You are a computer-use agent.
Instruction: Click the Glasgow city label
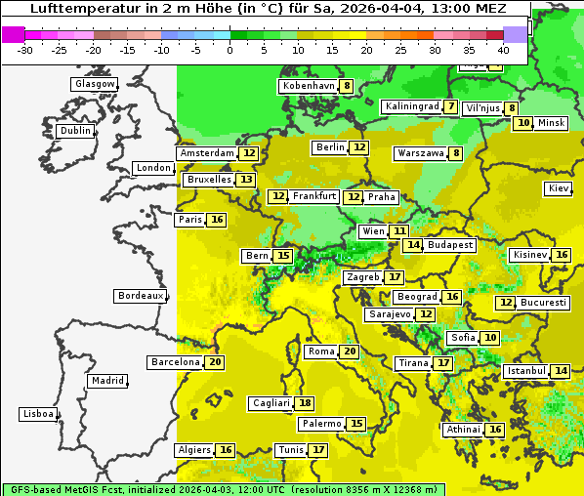tap(94, 84)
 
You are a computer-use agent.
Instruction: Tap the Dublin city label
tap(75, 131)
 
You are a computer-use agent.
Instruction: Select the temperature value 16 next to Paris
tap(217, 220)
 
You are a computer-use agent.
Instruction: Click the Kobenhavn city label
tap(308, 86)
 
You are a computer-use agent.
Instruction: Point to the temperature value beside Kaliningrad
tap(450, 106)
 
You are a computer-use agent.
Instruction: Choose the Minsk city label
tap(552, 123)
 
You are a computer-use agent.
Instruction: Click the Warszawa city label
tap(420, 153)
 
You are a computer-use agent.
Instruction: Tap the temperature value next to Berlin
tap(360, 147)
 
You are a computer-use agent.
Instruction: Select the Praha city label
tap(382, 197)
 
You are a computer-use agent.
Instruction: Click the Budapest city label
tap(450, 245)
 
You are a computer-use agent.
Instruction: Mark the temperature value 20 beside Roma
tap(350, 351)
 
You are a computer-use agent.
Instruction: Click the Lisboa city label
tap(37, 414)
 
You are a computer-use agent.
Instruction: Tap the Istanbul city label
tap(525, 371)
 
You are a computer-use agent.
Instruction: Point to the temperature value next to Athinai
tap(496, 430)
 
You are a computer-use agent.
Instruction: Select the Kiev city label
tap(559, 188)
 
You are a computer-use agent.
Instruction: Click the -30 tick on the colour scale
tap(25, 50)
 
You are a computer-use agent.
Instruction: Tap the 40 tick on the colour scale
tap(503, 50)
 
